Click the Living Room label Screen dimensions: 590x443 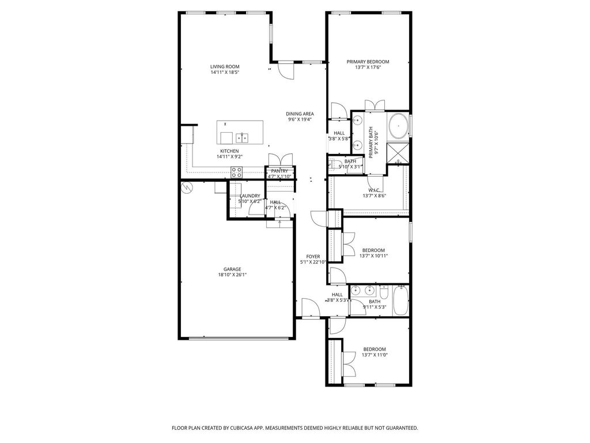click(225, 67)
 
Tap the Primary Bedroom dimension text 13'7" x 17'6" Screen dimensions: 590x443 click(368, 67)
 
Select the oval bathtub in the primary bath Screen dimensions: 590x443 click(398, 126)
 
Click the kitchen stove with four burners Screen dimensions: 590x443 click(236, 172)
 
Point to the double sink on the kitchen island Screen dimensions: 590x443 click(243, 138)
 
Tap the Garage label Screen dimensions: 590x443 click(232, 269)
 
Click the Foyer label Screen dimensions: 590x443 click(313, 257)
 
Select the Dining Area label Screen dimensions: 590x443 click(300, 114)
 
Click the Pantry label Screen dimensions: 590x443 click(279, 171)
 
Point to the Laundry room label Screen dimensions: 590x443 click(250, 196)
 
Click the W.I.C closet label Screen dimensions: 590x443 click(374, 190)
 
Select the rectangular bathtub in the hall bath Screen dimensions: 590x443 click(401, 301)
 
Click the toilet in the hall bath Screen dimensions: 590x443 click(383, 292)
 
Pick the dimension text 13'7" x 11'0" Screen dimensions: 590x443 click(375, 355)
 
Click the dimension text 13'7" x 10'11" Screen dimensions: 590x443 click(373, 256)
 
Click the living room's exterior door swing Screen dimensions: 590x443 click(286, 70)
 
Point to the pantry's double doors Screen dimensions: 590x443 click(281, 159)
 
